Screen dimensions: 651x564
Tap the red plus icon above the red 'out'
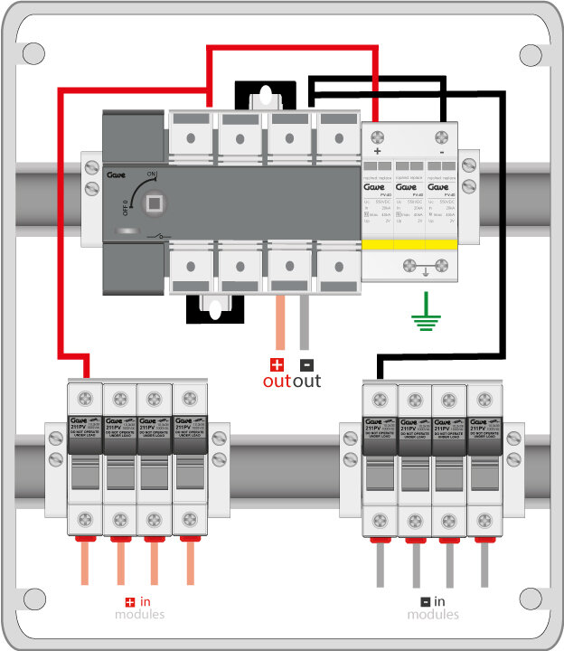click(277, 365)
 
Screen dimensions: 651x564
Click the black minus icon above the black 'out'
click(305, 365)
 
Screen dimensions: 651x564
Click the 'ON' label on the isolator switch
click(150, 174)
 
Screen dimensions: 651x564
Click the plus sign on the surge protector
click(377, 151)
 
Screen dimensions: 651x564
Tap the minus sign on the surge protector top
click(441, 151)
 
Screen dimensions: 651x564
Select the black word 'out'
click(306, 382)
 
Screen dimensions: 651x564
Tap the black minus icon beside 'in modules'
click(424, 601)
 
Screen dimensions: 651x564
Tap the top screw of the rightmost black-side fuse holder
click(483, 397)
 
